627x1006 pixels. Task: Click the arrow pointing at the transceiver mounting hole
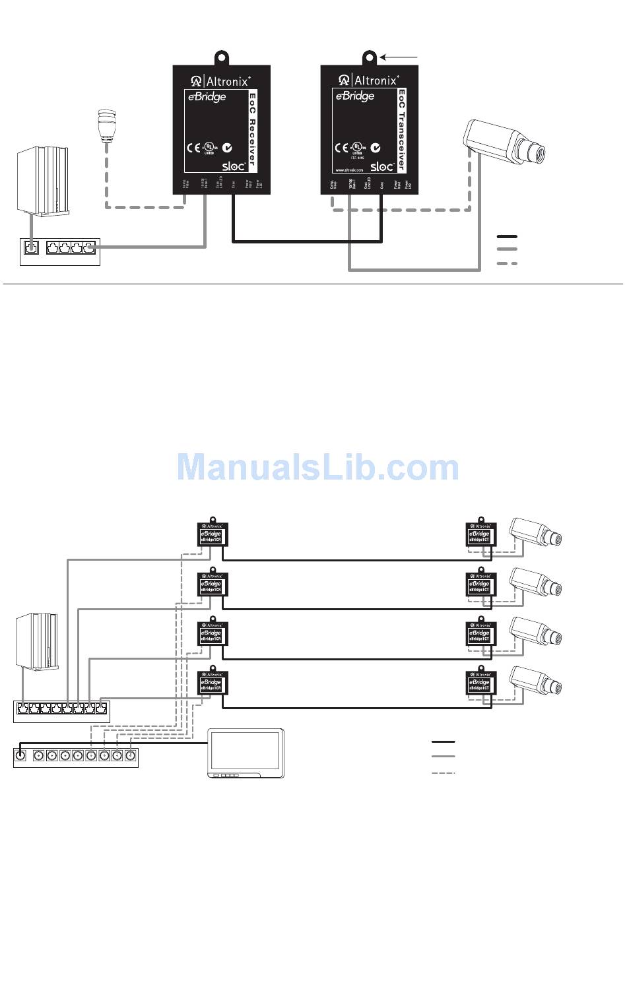click(399, 57)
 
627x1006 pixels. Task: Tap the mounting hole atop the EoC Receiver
click(222, 57)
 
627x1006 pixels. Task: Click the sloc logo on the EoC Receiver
click(234, 166)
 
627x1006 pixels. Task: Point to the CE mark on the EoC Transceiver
click(341, 148)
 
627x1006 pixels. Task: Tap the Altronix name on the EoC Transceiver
click(376, 80)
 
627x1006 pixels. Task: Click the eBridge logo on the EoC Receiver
click(207, 97)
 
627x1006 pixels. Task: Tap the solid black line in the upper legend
click(507, 236)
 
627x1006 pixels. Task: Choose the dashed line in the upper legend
click(507, 263)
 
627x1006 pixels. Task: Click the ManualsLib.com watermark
click(317, 467)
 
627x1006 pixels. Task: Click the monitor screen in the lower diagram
click(246, 751)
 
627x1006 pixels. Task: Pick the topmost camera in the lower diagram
click(535, 532)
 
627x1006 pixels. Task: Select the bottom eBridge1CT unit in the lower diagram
click(480, 683)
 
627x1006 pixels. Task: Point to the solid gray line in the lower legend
click(443, 757)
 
